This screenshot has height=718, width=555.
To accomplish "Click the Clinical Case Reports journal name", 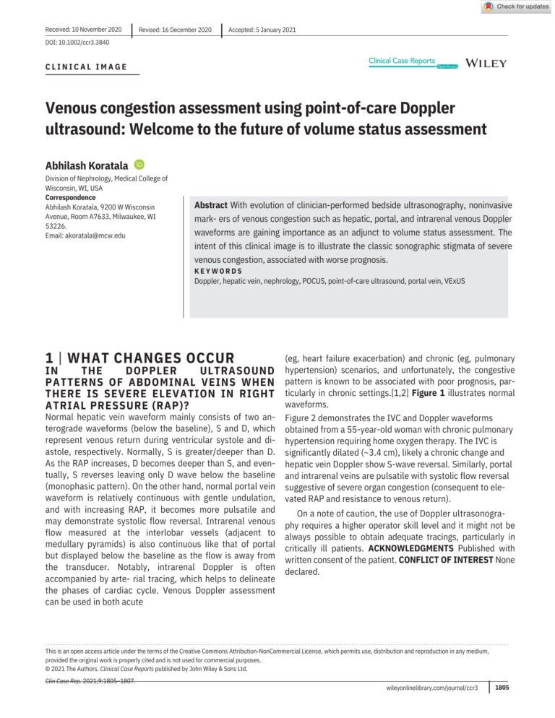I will pos(402,61).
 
